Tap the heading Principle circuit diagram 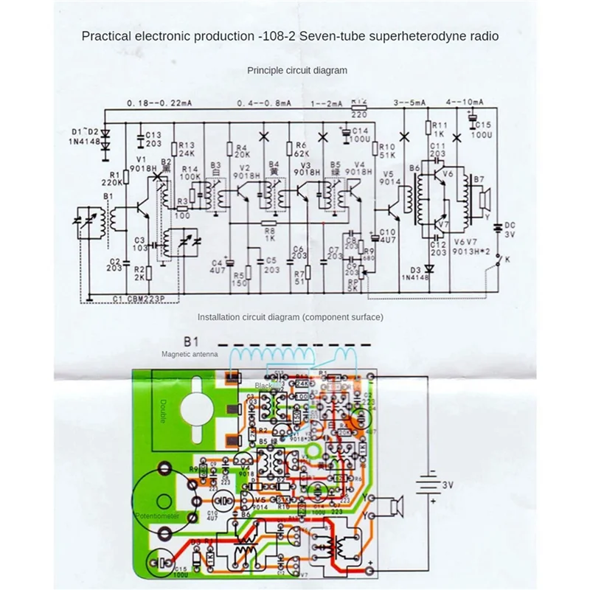tap(297, 70)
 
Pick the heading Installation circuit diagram tap(290, 317)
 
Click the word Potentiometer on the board tap(156, 516)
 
